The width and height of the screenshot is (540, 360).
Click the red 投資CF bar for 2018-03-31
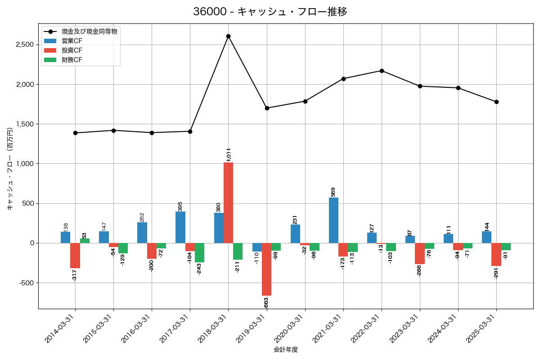click(228, 202)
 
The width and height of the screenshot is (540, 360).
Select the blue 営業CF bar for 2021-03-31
click(333, 220)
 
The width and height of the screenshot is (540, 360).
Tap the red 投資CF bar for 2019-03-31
click(266, 269)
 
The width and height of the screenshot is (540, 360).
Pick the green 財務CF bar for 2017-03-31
click(199, 252)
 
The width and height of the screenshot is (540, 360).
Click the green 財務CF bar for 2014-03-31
click(85, 241)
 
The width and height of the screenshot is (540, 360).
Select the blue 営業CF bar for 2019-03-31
click(257, 247)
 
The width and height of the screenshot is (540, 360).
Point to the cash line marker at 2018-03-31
click(228, 36)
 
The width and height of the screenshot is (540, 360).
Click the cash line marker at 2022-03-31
click(382, 71)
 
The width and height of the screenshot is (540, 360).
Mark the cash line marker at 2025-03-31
click(496, 102)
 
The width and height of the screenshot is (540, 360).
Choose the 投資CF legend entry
click(72, 50)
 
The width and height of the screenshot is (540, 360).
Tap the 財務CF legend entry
click(72, 59)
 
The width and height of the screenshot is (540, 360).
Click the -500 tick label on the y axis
click(26, 283)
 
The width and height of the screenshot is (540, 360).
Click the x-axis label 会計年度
click(286, 350)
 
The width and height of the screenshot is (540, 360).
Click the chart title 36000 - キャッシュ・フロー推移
click(270, 12)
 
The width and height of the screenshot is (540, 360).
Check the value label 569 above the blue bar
click(333, 192)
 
